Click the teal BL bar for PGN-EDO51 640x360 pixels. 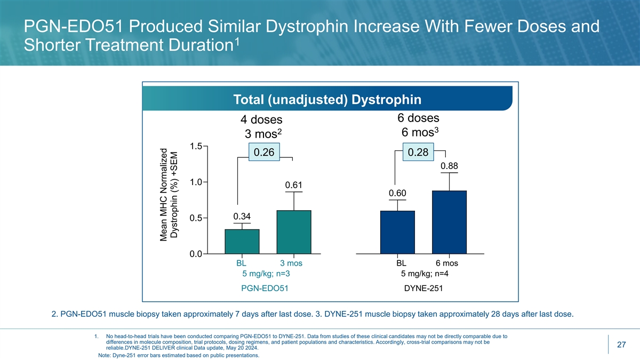coord(242,242)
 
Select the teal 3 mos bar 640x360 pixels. coord(294,232)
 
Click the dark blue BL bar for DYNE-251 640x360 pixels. coord(397,232)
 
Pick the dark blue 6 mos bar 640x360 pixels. coord(449,222)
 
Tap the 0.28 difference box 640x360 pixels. coord(418,153)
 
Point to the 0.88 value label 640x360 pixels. coord(449,166)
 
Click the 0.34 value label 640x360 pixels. coord(242,216)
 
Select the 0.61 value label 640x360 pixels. coord(294,185)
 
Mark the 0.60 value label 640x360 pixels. coord(397,193)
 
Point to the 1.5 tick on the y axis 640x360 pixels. coord(196,146)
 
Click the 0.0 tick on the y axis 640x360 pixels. coord(196,254)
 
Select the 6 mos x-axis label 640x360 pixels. coord(446,263)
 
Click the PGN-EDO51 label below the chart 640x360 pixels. coord(266,289)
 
